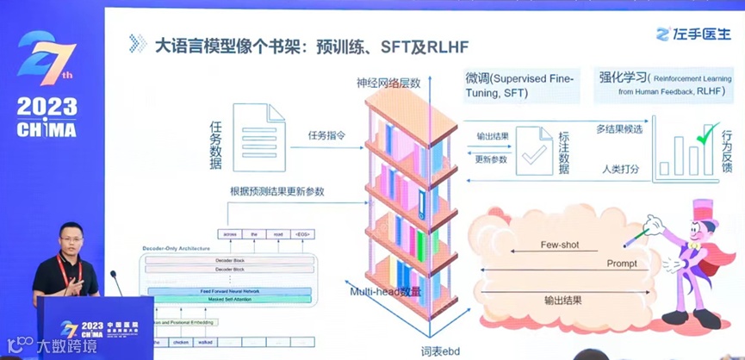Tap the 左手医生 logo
pos(692,34)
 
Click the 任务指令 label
pos(328,134)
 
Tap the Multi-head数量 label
pos(386,292)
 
